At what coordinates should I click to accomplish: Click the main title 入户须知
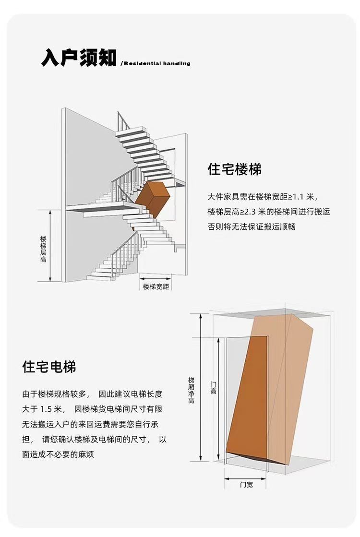click(79, 57)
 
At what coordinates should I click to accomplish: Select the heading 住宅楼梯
click(234, 169)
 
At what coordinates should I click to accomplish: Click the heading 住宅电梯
click(49, 367)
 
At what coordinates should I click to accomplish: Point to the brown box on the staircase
click(153, 199)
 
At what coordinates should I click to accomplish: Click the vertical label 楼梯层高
click(43, 249)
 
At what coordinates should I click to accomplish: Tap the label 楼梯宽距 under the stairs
click(156, 286)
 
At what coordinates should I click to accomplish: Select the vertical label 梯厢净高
click(191, 390)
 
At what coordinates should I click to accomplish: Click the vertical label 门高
click(213, 388)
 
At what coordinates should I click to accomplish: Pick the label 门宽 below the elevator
click(246, 485)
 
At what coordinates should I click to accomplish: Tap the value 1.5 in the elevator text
click(46, 409)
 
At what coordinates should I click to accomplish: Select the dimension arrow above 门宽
click(245, 478)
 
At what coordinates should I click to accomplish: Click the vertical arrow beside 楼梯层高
click(50, 246)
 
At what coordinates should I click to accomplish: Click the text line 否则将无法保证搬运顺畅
click(252, 227)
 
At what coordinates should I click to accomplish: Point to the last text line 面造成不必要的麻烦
click(58, 454)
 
